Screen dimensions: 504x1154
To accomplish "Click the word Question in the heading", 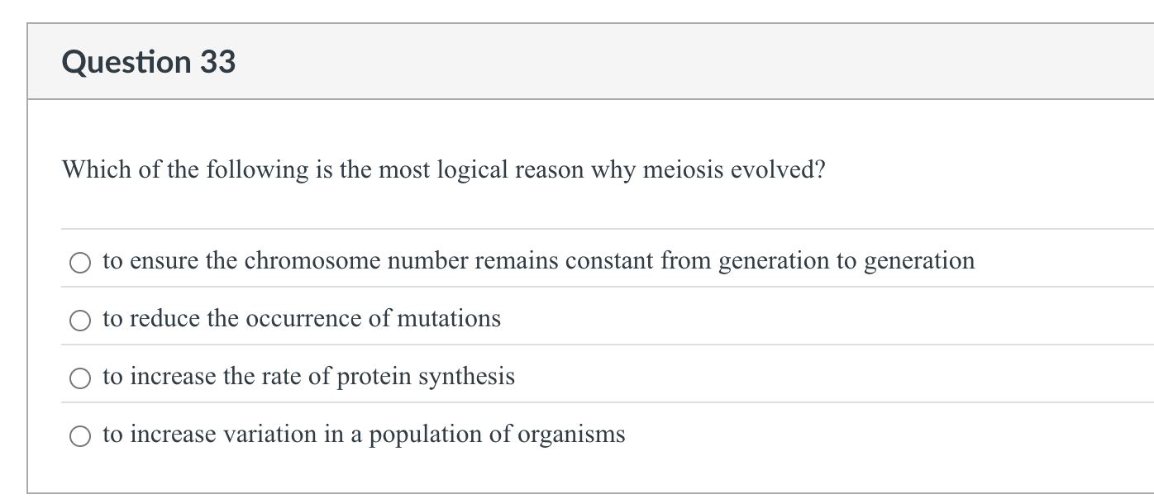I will (126, 63).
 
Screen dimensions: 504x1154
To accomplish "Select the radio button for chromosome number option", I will (80, 263).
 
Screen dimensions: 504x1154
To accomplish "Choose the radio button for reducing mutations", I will (80, 321).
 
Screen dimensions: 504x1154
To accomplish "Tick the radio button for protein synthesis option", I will (80, 378).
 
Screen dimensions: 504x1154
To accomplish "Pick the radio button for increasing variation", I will (80, 436).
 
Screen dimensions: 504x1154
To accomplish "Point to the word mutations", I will (449, 319).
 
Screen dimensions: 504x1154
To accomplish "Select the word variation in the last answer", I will (264, 435).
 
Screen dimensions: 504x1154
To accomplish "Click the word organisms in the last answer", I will (571, 435).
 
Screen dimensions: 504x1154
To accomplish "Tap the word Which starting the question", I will (90, 170).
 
